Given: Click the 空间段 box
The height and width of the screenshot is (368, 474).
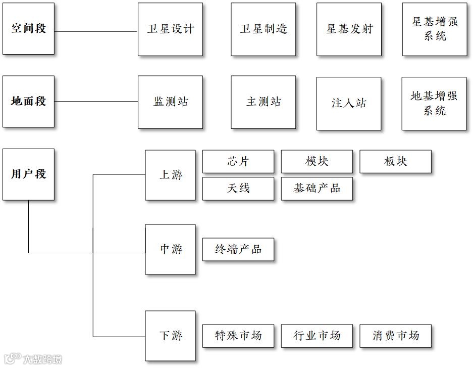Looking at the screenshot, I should [28, 29].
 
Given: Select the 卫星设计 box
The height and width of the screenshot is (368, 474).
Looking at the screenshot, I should [170, 29].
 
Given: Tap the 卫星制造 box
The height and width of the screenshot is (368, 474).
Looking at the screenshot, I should [263, 29].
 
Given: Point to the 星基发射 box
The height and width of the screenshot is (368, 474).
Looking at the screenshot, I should [349, 29].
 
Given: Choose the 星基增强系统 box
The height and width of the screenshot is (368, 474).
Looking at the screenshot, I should [435, 29].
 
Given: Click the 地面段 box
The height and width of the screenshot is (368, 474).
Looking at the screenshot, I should [28, 102].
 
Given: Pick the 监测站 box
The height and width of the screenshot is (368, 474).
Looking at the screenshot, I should [170, 102].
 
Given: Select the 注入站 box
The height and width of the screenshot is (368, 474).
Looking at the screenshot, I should [348, 104].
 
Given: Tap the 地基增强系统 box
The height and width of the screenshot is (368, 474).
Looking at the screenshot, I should [434, 104].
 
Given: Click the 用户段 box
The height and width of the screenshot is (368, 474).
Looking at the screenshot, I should [28, 174].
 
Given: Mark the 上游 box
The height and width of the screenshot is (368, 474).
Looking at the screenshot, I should [170, 175].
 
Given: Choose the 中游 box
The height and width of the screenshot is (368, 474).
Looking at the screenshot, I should [170, 250].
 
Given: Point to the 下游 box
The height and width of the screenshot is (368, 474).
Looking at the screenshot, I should [170, 336].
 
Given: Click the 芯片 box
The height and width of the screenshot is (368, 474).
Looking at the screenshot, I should [238, 162].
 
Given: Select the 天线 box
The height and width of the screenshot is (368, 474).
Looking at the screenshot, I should [238, 189].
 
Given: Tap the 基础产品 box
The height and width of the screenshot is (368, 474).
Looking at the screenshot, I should [317, 189].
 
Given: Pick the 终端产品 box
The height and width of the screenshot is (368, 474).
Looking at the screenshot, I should [238, 249].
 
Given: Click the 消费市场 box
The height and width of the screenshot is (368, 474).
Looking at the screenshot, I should [395, 336].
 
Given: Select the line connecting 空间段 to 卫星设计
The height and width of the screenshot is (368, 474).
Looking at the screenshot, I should [96, 31].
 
